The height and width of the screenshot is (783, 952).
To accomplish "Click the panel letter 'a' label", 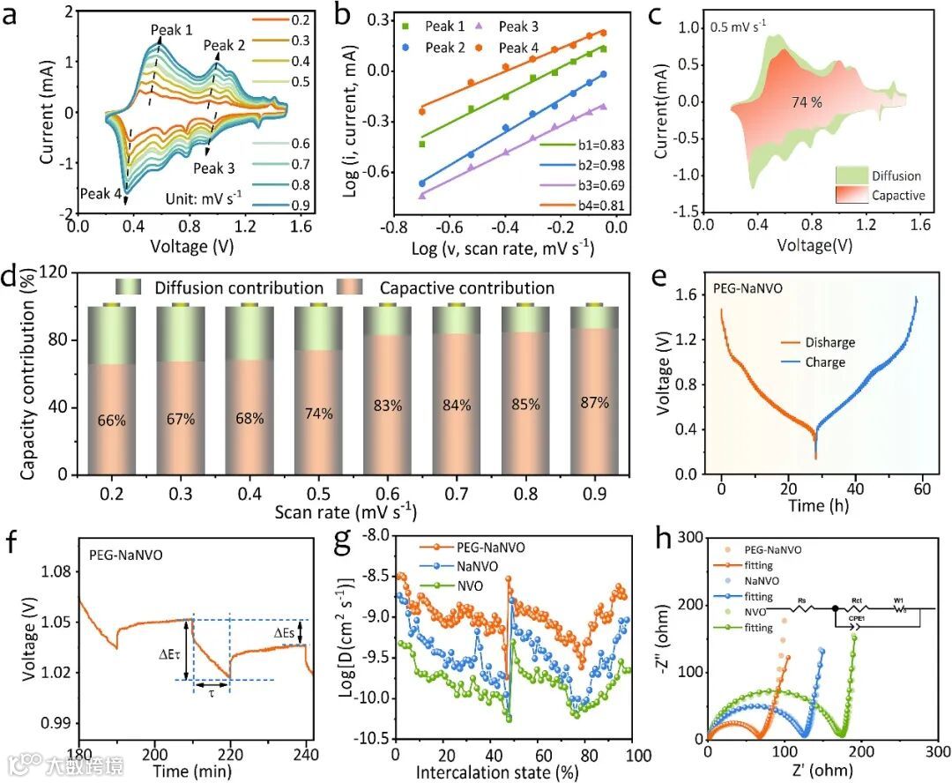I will (x=12, y=14).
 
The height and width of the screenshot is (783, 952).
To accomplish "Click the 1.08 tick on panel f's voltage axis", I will (x=52, y=571).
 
